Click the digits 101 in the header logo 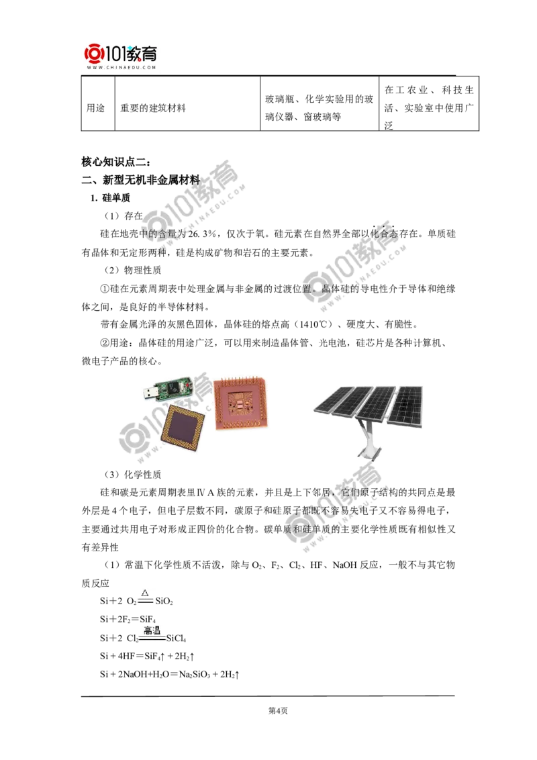click(116, 53)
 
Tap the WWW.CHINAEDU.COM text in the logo click(121, 68)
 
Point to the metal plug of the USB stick click(148, 392)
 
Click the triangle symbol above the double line click(144, 593)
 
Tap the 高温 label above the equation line click(152, 630)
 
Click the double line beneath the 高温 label click(152, 640)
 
